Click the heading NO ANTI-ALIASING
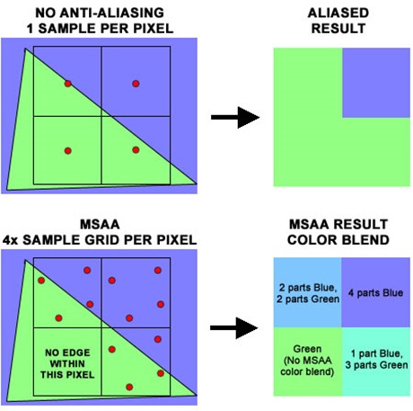click(100, 13)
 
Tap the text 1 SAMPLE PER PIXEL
click(100, 31)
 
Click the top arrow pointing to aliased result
click(232, 117)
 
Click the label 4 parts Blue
click(374, 293)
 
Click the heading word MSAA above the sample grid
click(100, 224)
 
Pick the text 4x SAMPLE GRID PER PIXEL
click(100, 240)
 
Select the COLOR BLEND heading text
click(339, 240)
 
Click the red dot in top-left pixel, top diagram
click(67, 84)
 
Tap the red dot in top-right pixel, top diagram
click(136, 84)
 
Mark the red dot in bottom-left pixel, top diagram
click(67, 149)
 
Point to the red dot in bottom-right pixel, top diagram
click(136, 149)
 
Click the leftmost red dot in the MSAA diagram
click(41, 281)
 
